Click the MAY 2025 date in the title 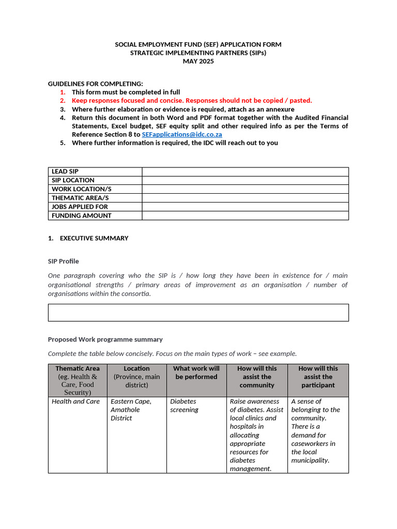[x=198, y=61]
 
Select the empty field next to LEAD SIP [x=245, y=172]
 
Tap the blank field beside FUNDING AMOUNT [x=245, y=215]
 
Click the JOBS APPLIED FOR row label [x=80, y=207]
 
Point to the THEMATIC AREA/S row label [x=80, y=198]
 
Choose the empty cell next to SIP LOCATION [x=245, y=180]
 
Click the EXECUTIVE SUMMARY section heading [x=94, y=238]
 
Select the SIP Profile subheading [x=64, y=261]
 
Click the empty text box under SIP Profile [x=198, y=313]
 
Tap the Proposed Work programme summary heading [x=105, y=339]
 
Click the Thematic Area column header [x=78, y=368]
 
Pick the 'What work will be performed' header [x=196, y=372]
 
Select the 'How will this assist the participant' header [x=318, y=377]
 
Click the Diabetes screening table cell [x=185, y=406]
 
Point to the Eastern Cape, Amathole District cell [x=131, y=410]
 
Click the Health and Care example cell [x=76, y=401]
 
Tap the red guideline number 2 [x=63, y=101]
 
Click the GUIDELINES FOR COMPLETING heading [x=96, y=84]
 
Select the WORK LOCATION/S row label [x=81, y=189]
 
